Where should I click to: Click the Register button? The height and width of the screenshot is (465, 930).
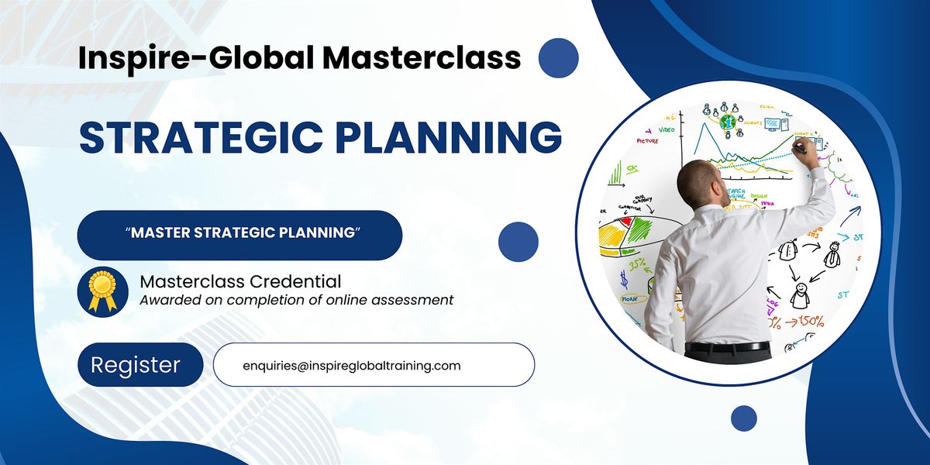pyautogui.click(x=136, y=364)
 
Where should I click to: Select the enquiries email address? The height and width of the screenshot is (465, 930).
pyautogui.click(x=352, y=365)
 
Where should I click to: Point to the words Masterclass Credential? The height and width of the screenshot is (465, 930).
pyautogui.click(x=240, y=281)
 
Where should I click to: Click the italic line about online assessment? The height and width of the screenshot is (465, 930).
pyautogui.click(x=296, y=300)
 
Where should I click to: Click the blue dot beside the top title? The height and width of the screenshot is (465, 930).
pyautogui.click(x=558, y=57)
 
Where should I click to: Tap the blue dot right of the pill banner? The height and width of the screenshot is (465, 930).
pyautogui.click(x=518, y=240)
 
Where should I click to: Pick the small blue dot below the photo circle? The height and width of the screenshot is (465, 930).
pyautogui.click(x=743, y=418)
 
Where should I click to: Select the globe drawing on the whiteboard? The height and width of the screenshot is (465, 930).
pyautogui.click(x=728, y=122)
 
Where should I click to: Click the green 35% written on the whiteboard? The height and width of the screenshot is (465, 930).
pyautogui.click(x=638, y=264)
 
